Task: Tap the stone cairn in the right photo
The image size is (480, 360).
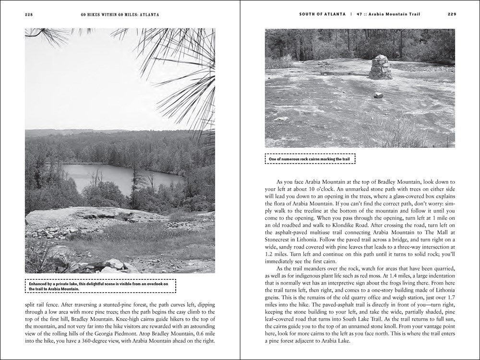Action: (x=380, y=68)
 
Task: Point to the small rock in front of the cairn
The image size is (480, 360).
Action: (x=379, y=95)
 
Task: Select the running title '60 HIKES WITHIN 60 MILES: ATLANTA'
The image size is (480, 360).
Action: (x=120, y=14)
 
